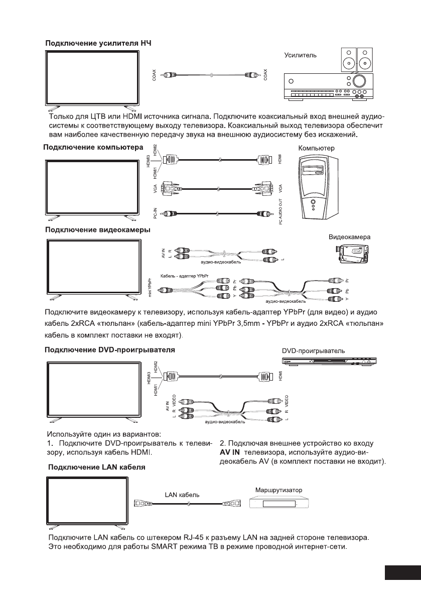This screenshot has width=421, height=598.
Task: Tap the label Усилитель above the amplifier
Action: [x=301, y=55]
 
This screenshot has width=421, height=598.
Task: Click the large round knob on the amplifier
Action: [x=359, y=81]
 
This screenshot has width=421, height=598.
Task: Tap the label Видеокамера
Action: [x=349, y=236]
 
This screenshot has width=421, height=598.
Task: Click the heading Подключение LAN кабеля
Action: [x=97, y=467]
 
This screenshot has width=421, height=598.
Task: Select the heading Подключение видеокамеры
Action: [x=98, y=230]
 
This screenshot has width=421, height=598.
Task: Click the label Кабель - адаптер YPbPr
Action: [x=184, y=276]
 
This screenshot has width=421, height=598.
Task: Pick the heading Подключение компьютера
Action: [x=94, y=147]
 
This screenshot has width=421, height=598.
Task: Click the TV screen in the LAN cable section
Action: [x=92, y=502]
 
